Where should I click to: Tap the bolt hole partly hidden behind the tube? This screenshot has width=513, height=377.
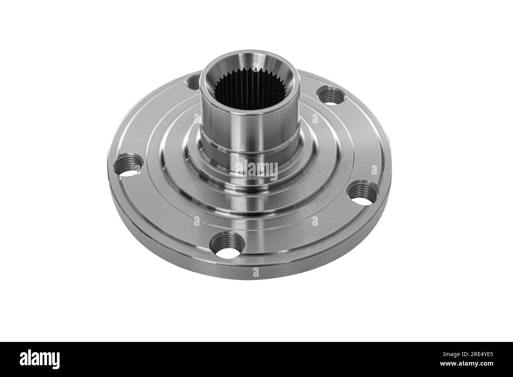[194, 82]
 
